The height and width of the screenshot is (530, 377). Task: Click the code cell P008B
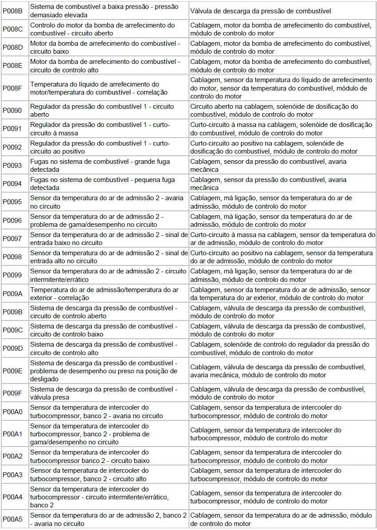[12, 11]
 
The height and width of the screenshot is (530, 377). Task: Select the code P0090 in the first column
[12, 111]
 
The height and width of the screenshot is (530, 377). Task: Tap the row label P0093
[12, 166]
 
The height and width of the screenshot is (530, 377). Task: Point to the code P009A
[12, 293]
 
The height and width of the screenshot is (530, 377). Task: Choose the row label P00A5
[12, 519]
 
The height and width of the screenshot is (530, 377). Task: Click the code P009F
[12, 393]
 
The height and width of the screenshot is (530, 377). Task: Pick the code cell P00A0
[12, 411]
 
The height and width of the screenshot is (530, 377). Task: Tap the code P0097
[12, 239]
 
